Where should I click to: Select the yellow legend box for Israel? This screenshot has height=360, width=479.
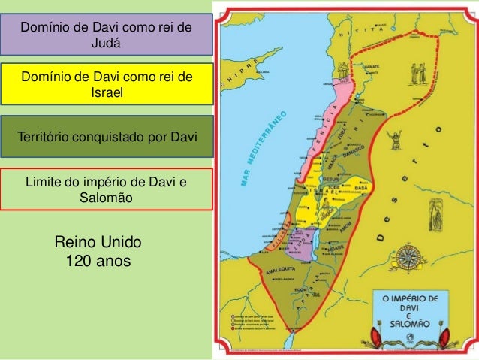tap(106, 84)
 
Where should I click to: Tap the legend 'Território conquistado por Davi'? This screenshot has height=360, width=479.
tap(106, 136)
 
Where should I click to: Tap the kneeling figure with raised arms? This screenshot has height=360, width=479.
tap(390, 139)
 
